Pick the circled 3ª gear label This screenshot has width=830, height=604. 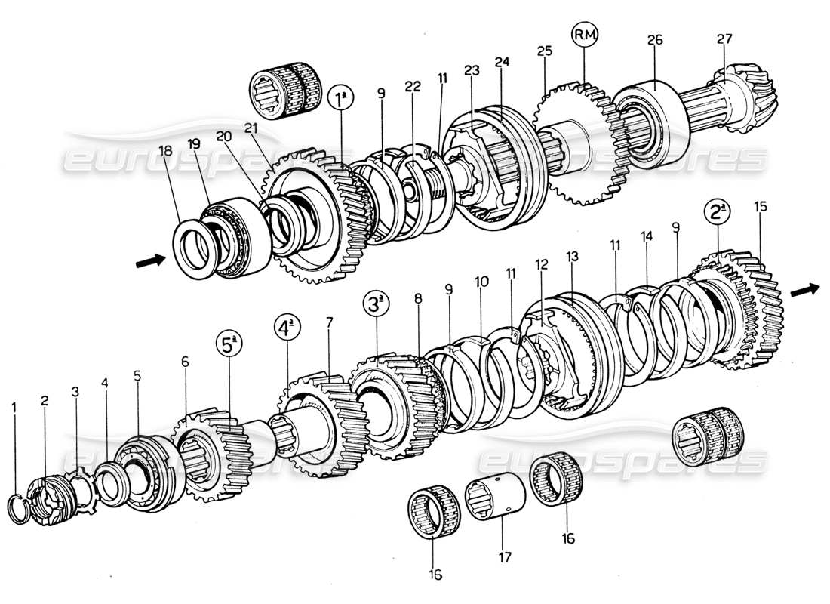click(x=377, y=306)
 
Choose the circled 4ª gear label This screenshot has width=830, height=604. click(x=287, y=330)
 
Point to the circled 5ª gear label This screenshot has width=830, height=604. click(x=231, y=344)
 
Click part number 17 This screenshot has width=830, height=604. click(x=505, y=558)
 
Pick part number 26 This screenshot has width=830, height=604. click(x=655, y=40)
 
